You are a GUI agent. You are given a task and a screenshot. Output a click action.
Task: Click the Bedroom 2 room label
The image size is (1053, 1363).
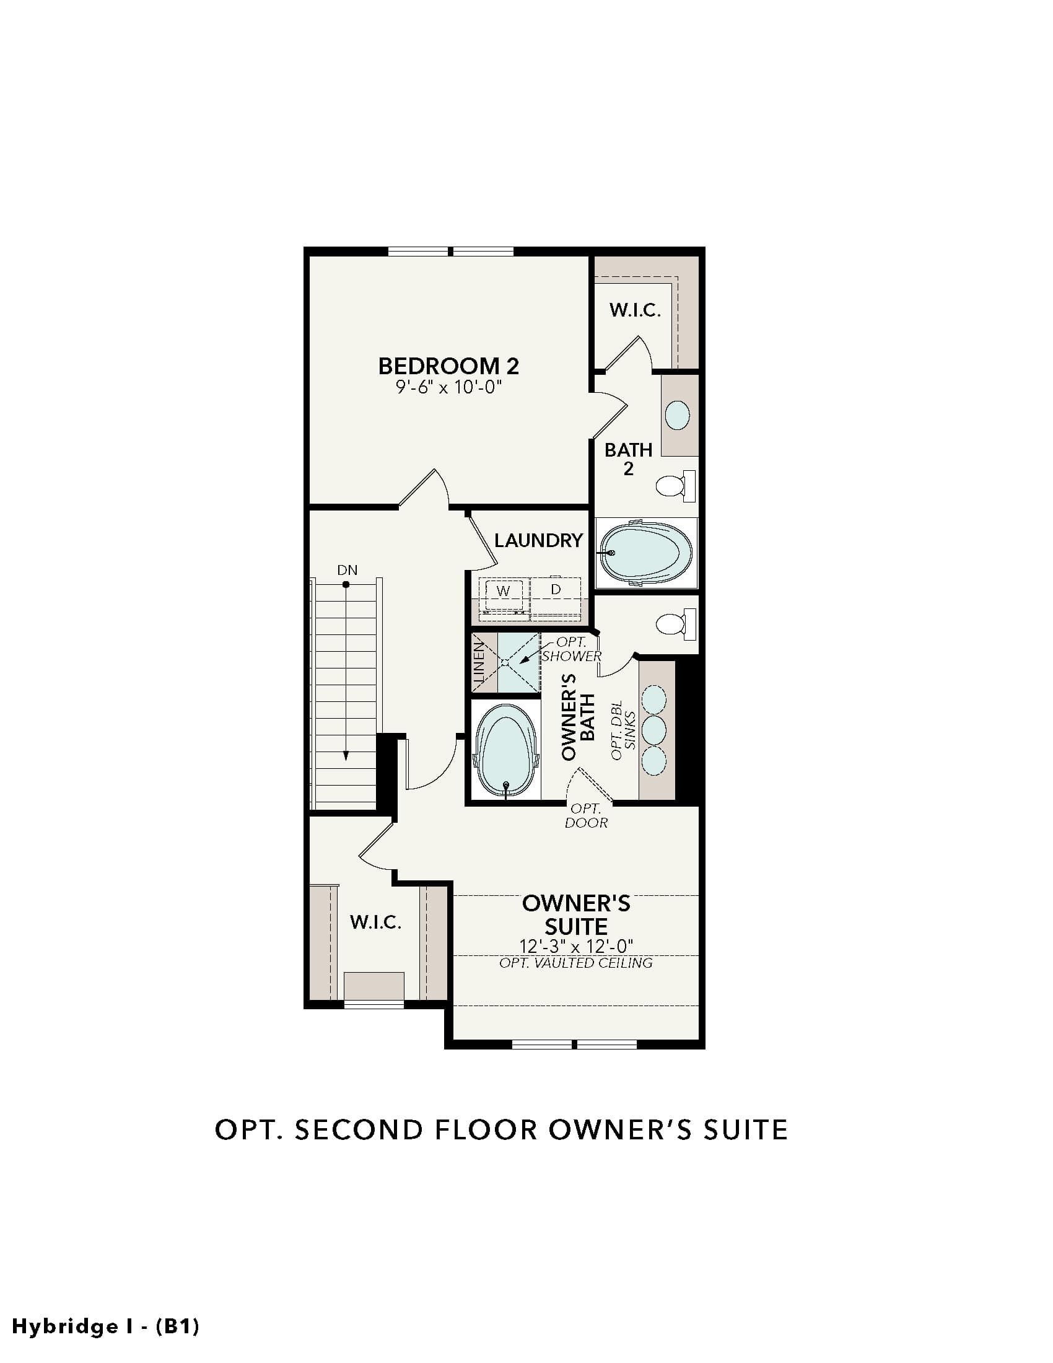pos(448,366)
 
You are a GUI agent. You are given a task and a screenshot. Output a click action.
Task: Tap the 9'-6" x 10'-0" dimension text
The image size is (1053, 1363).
pos(448,388)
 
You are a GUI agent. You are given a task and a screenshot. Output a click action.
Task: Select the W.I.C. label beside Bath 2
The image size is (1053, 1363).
pos(634,310)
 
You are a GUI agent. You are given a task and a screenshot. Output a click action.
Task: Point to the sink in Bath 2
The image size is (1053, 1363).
pos(678,415)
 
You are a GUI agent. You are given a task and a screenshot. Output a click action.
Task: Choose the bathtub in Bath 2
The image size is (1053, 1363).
pos(646,553)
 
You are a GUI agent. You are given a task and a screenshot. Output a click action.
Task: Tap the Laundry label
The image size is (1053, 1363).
pos(538,540)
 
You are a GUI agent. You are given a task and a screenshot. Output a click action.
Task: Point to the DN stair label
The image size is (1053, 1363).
pos(347,570)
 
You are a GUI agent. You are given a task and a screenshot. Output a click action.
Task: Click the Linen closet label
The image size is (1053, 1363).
pos(479,663)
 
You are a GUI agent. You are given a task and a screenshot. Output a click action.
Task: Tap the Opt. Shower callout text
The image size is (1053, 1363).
pos(572,649)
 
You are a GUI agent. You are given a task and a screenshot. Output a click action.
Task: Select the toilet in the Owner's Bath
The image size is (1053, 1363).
pos(676,624)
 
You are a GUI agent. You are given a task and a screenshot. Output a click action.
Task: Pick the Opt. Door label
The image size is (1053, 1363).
pos(586,816)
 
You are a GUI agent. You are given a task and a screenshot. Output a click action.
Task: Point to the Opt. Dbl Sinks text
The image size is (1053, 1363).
pos(623,730)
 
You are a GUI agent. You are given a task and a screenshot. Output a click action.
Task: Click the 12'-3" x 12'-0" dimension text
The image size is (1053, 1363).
pos(576,947)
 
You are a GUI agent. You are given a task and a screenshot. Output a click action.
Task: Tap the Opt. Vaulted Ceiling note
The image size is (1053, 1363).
pos(576,963)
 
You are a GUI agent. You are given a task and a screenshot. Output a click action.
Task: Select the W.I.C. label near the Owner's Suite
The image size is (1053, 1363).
pos(375,922)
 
